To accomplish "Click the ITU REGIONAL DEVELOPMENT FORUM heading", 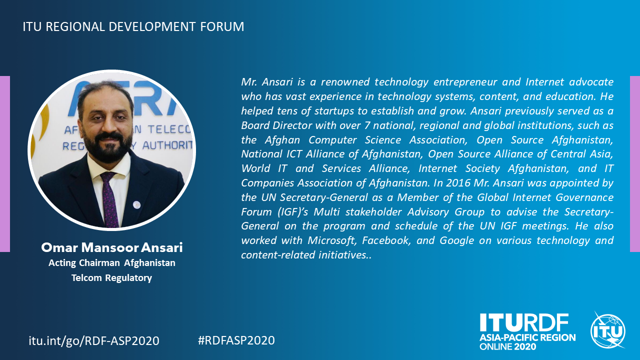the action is [133, 26].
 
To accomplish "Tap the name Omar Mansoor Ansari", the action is [111, 247].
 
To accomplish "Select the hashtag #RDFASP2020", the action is [236, 340].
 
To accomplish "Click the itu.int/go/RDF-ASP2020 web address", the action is [94, 341].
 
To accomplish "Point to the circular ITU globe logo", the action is [608, 331].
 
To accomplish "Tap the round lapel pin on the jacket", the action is [137, 204].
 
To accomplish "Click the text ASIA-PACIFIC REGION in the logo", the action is [527, 337].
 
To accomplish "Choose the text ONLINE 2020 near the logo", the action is [507, 347].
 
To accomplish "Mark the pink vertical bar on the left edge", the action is [5, 164].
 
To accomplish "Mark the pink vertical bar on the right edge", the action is [635, 164].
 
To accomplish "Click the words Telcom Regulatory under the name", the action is [111, 277].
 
